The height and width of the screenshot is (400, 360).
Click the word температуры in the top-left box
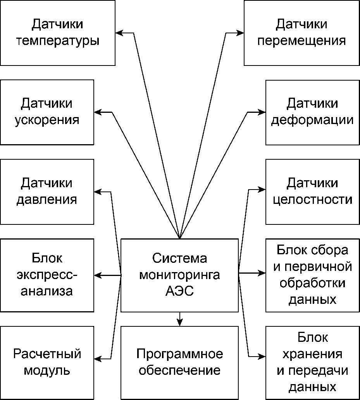(58, 41)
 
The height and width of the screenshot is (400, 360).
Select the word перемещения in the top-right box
(301, 41)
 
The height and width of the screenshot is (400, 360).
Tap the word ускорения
(47, 120)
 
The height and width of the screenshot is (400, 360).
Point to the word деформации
(312, 120)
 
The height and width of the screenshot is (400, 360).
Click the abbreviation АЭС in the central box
(179, 291)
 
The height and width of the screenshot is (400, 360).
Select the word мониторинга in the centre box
(179, 275)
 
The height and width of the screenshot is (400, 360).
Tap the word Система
(179, 259)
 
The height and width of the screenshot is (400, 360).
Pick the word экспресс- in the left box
(47, 275)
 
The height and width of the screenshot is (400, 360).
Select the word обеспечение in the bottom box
(179, 370)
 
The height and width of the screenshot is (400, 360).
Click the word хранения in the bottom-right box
(312, 354)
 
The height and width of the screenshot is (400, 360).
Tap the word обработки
(312, 283)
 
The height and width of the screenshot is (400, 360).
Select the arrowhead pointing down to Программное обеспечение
(179, 322)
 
